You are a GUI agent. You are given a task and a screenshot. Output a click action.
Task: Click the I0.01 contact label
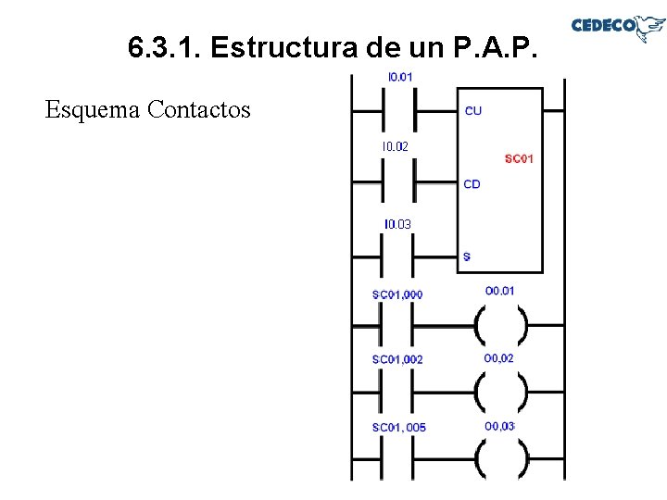point(399,77)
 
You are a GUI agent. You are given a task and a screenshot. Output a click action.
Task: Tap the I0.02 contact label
point(395,146)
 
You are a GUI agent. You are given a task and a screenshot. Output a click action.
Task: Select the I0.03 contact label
point(397,225)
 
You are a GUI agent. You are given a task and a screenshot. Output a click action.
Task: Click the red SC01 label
point(519,159)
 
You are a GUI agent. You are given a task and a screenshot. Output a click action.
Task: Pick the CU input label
point(472,111)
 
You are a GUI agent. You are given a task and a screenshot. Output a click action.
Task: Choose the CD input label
point(472,184)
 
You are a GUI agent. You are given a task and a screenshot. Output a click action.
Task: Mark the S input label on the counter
point(466,256)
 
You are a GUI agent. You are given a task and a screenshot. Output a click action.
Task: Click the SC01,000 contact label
point(397,294)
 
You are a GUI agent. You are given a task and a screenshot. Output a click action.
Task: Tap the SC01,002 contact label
point(397,359)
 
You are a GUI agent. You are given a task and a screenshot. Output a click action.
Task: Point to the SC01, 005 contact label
point(398,428)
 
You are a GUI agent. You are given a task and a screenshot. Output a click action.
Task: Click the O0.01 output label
point(499,291)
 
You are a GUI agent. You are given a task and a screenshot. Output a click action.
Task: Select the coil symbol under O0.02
point(500,392)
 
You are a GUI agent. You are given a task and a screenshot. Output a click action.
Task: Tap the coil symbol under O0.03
point(500,457)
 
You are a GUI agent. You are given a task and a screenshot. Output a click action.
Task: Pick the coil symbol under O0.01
point(500,326)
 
